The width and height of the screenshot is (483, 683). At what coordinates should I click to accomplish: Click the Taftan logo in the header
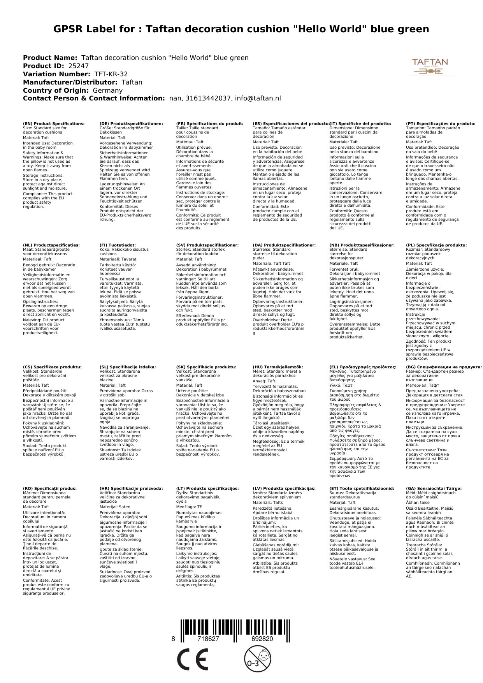coord(430,67)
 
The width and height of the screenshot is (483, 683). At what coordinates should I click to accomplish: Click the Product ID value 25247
coord(78,66)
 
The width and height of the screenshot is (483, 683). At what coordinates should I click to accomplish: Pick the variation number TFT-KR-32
coord(111,74)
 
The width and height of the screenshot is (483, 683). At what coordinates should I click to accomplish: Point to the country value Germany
coord(107,90)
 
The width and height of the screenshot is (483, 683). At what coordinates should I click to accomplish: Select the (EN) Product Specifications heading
coord(54,124)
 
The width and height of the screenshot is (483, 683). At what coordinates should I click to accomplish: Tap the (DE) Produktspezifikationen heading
coord(131,124)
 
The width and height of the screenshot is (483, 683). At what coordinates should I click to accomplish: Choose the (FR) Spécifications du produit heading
coord(210,124)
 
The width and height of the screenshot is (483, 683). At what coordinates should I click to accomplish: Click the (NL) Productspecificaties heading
coord(51,245)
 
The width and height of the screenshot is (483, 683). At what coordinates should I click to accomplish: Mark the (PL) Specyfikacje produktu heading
coord(436,245)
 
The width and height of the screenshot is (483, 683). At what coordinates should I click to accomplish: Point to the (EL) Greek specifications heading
coord(363,367)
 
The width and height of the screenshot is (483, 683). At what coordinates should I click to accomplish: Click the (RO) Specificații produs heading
coord(50,488)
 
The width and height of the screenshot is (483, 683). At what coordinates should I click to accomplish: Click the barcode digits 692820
coord(262,639)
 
